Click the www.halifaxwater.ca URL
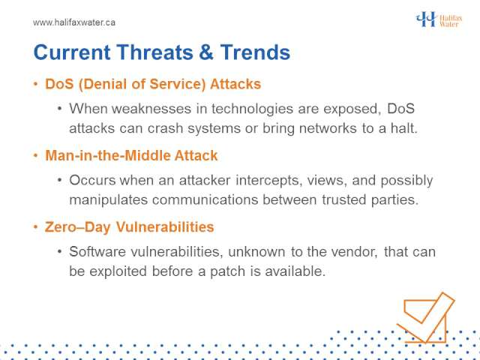click(x=74, y=22)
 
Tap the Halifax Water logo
click(x=439, y=19)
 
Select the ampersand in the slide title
click(x=207, y=52)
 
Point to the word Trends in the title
click(x=255, y=52)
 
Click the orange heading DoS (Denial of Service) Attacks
click(x=153, y=84)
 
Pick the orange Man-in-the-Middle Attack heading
click(x=131, y=155)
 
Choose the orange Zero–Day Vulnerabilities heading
click(x=129, y=227)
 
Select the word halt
click(x=403, y=128)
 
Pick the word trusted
click(x=343, y=200)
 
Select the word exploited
click(x=118, y=271)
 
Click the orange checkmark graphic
click(x=426, y=318)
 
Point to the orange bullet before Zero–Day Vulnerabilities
click(x=36, y=227)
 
